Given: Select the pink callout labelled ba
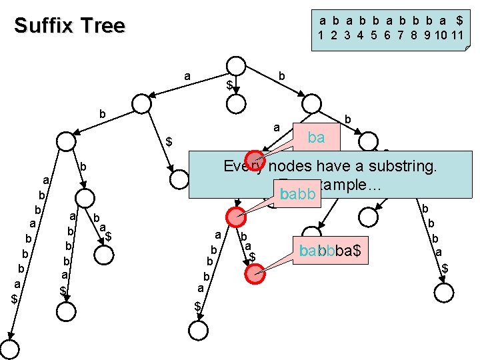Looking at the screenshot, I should coord(316,138).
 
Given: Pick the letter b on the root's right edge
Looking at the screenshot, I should coord(281,77).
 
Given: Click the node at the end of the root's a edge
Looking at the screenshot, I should coord(142,103).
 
